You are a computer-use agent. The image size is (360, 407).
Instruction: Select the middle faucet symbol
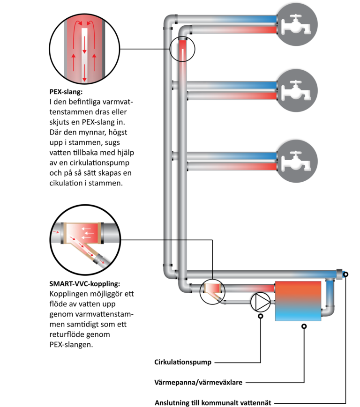(296, 90)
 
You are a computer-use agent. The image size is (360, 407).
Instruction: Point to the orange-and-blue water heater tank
(298, 300)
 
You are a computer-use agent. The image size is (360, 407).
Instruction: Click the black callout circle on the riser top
(182, 49)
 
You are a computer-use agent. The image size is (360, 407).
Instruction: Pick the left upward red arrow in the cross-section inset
(74, 59)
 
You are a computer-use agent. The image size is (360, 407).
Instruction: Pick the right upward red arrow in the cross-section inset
(95, 59)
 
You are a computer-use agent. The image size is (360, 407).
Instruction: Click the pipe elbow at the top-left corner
(170, 21)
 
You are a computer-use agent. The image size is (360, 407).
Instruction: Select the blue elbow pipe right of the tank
(330, 309)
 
